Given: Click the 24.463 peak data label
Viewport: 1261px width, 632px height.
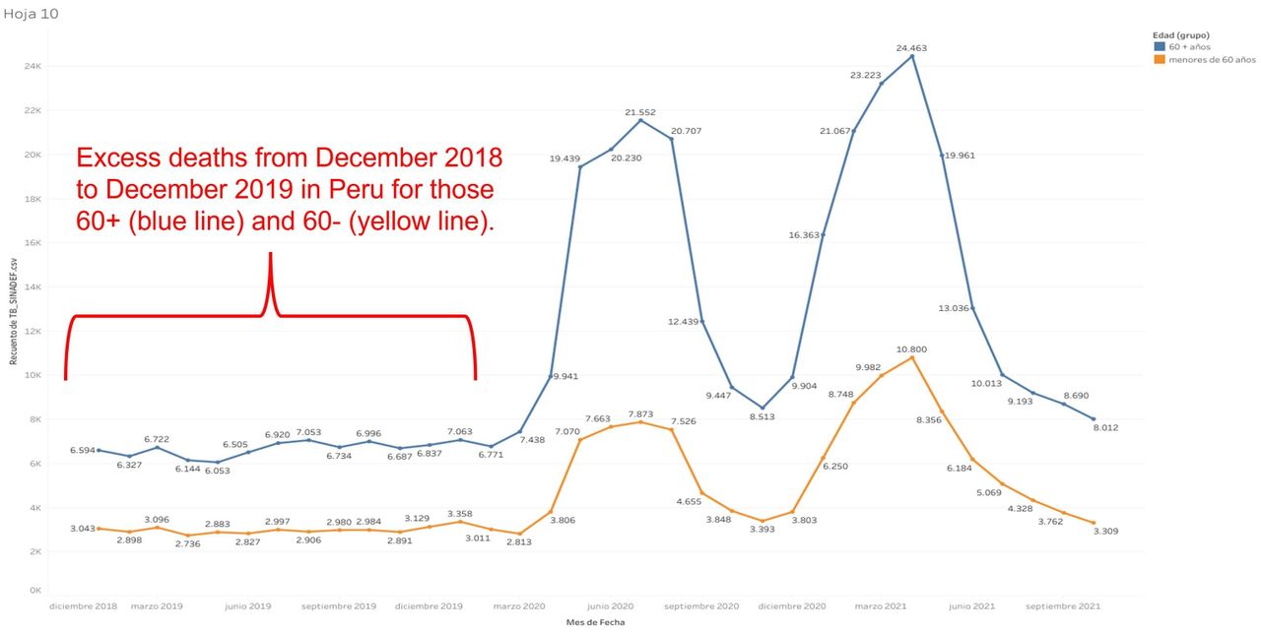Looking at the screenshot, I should point(911,47).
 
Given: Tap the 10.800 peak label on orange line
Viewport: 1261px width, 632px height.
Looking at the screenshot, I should point(911,349).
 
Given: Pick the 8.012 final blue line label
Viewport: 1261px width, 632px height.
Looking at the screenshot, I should point(1107,427).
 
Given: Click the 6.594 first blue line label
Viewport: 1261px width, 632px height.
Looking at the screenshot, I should point(83,450).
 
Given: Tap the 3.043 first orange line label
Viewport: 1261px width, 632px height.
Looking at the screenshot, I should point(83,529).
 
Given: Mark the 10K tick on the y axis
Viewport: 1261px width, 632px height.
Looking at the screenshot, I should point(33,375).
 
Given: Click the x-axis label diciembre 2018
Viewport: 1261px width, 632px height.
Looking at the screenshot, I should point(84,606).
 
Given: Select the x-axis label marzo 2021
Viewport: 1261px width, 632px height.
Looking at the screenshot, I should point(881,606).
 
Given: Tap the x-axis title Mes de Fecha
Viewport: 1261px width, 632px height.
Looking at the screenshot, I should point(595,622).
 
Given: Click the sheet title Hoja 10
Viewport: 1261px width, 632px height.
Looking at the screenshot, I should point(25,14).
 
